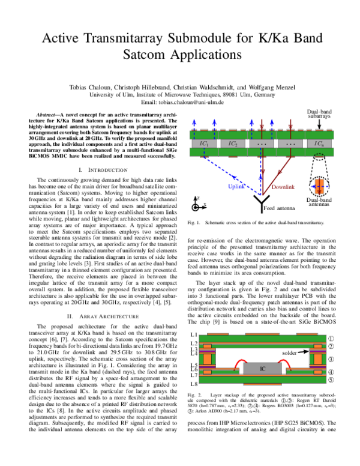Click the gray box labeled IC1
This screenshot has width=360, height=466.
point(204,144)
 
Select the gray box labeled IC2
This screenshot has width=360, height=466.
point(233,144)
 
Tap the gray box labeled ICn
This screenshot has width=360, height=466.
point(319,144)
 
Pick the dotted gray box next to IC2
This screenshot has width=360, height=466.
point(262,144)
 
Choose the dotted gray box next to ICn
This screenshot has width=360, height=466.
point(290,144)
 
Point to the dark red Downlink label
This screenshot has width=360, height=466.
point(283,187)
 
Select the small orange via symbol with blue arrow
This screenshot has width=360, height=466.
point(319,186)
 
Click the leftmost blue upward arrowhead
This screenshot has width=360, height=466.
point(194,122)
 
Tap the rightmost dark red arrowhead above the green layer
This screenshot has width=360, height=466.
point(290,127)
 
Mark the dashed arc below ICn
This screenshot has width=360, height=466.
point(319,155)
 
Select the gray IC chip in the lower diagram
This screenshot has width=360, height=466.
point(262,368)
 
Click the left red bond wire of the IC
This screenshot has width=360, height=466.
point(241,362)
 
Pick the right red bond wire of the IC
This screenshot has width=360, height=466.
point(284,362)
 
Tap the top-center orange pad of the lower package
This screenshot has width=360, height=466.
point(262,334)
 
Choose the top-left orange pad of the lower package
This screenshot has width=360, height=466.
point(218,334)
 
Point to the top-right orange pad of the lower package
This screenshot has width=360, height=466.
point(307,334)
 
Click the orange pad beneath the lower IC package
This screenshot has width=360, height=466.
point(262,384)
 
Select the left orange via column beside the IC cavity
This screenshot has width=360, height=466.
point(207,359)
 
